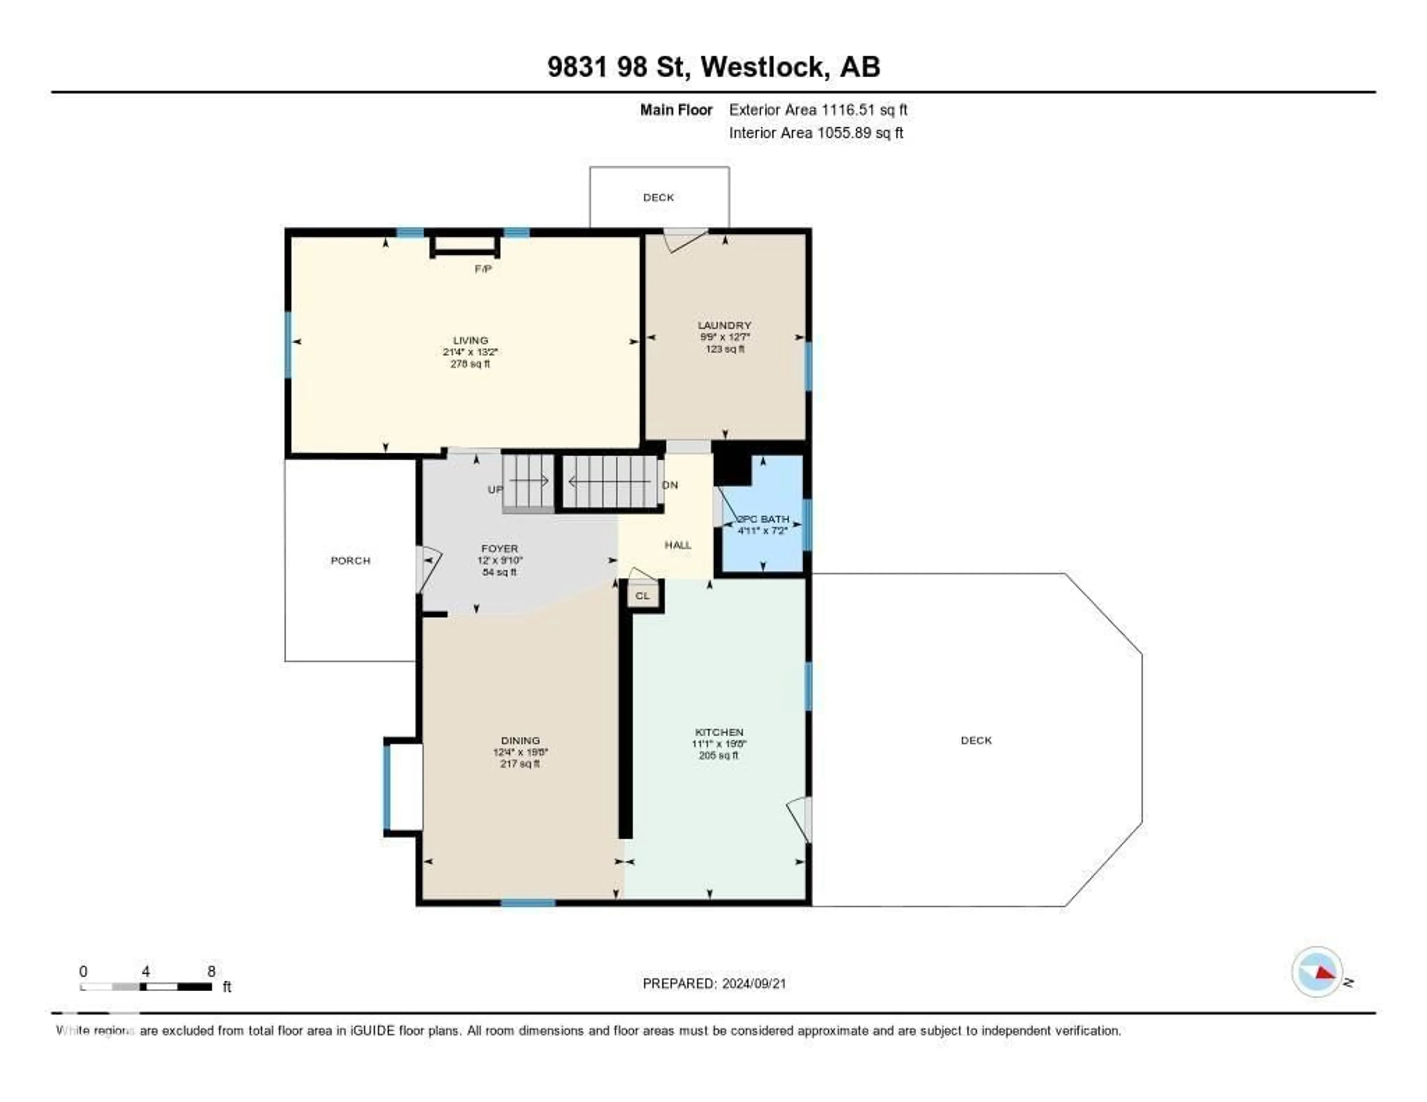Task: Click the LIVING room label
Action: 470,340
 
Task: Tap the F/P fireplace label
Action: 483,269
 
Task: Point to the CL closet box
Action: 642,596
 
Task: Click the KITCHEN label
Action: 719,732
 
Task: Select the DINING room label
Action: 520,740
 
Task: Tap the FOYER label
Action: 499,549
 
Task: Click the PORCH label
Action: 350,560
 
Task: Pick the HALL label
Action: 677,545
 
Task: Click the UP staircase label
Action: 495,489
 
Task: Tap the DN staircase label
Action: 670,485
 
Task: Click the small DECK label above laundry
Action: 658,197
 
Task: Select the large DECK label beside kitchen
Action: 976,740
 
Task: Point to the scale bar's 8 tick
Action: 211,971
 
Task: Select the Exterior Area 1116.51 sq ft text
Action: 818,110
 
